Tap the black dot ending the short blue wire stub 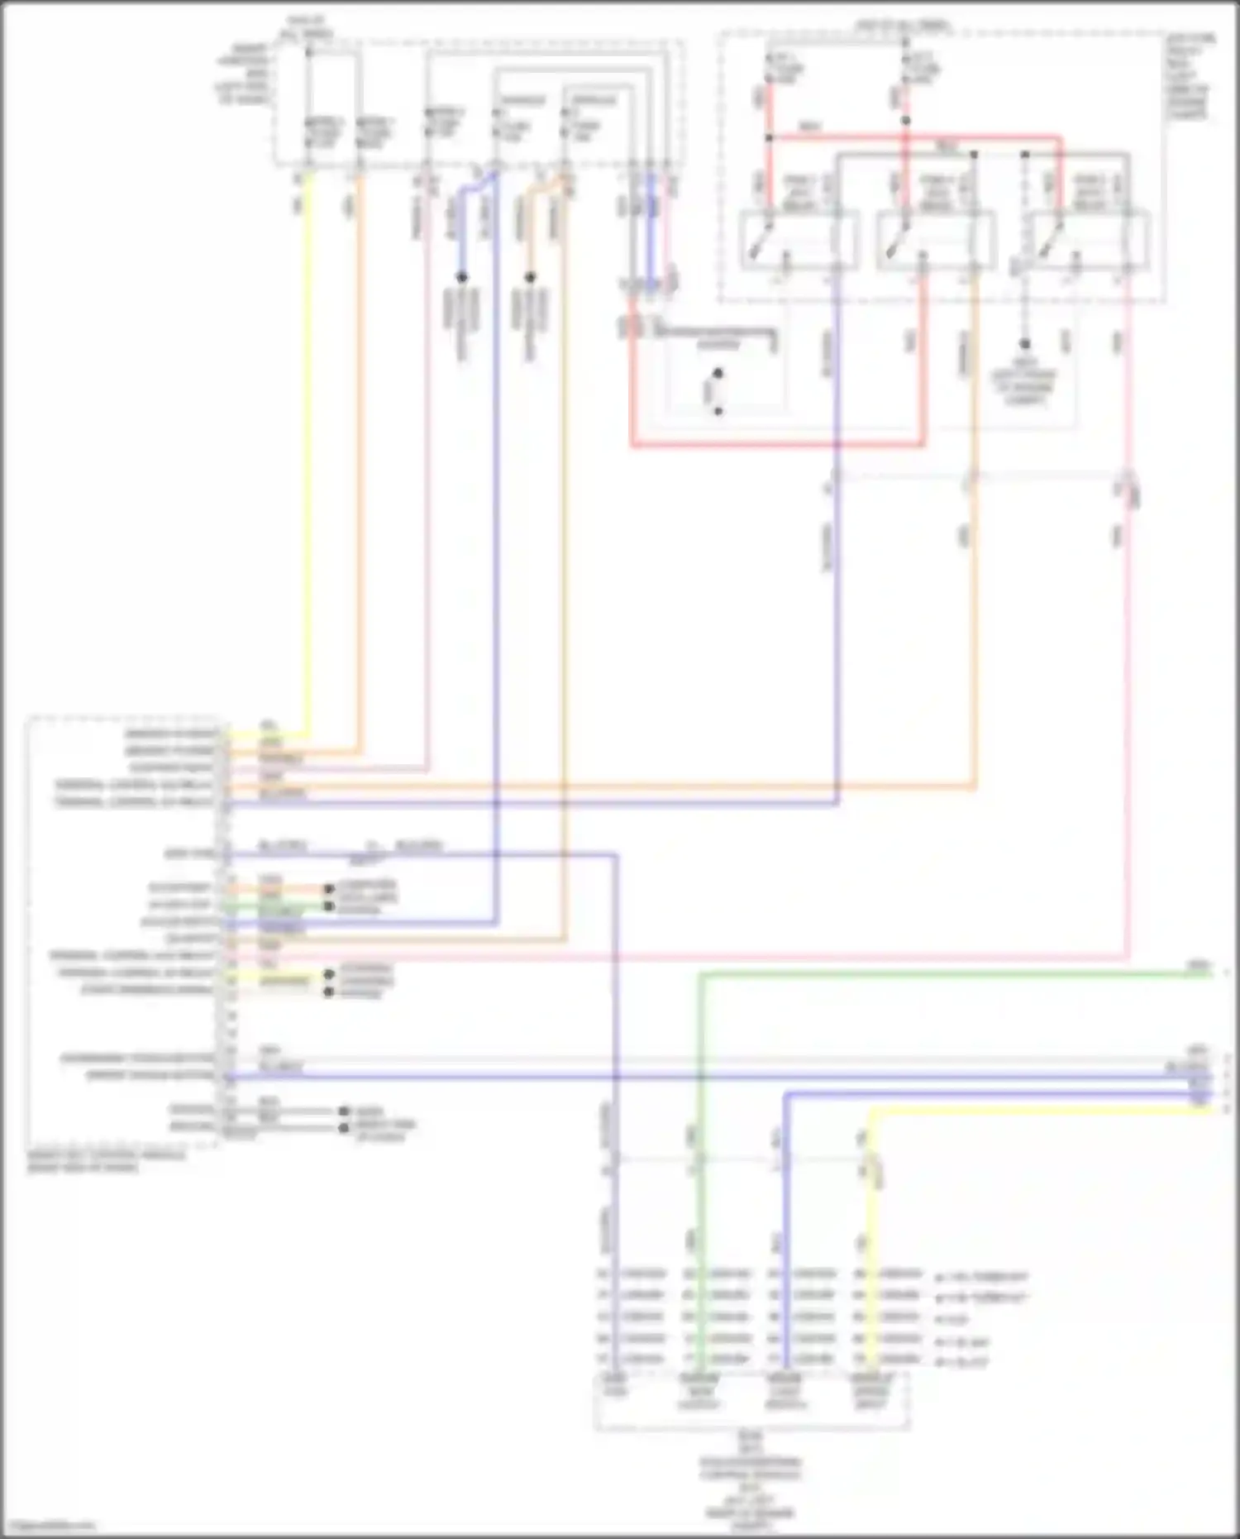[x=462, y=277]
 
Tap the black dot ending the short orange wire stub [x=531, y=277]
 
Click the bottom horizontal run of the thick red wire [x=777, y=446]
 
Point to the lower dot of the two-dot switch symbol [x=718, y=411]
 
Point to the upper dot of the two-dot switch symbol [x=718, y=374]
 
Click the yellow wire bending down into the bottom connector [x=870, y=1240]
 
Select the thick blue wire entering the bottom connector [x=784, y=1240]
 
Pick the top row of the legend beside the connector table [x=983, y=1277]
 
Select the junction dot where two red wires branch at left [x=769, y=138]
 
